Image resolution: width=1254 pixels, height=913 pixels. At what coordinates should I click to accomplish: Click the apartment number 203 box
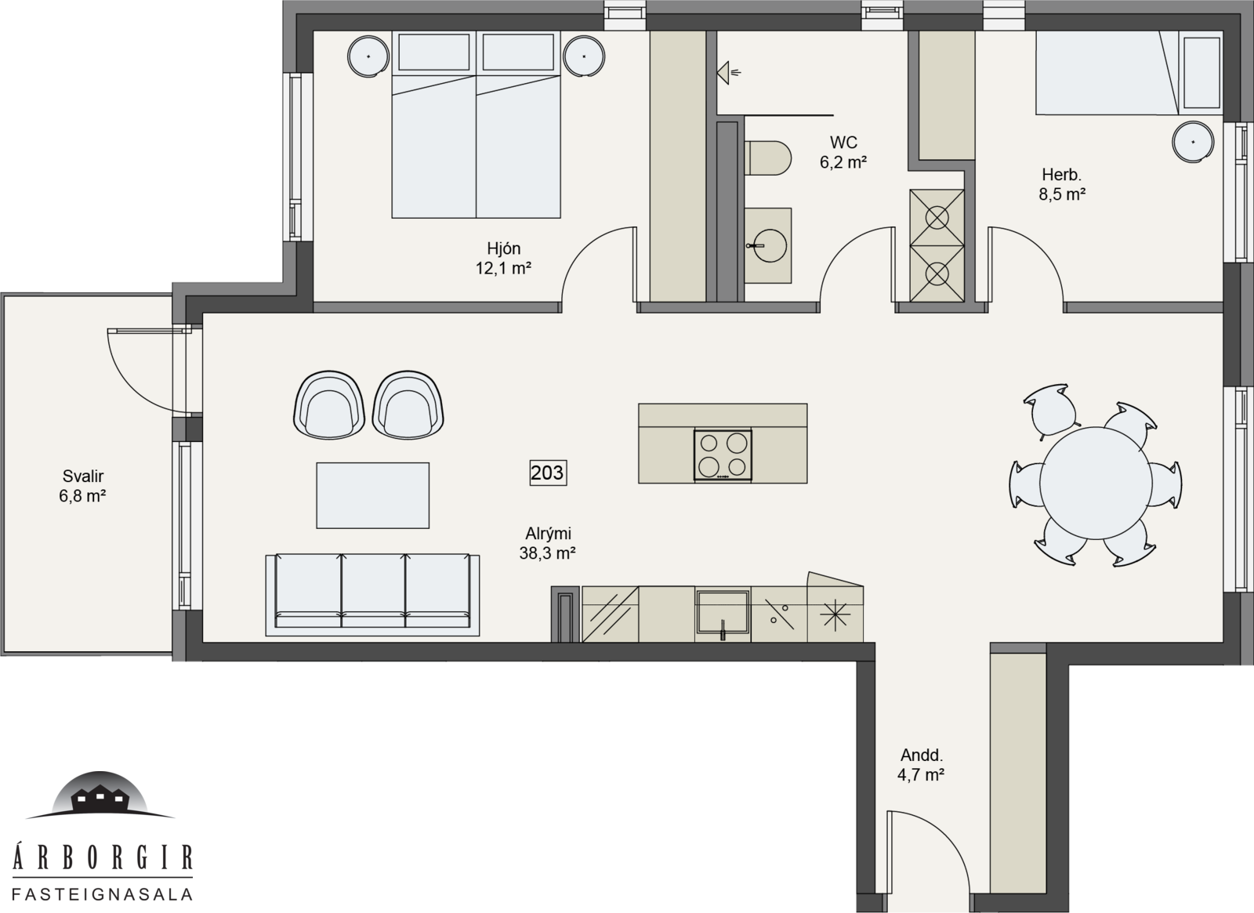(x=548, y=473)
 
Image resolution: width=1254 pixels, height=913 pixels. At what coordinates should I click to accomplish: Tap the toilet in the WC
(x=767, y=158)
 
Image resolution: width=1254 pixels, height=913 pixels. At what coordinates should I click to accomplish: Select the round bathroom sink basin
(x=770, y=245)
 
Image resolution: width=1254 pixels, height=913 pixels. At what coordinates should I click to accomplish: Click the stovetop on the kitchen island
(x=723, y=455)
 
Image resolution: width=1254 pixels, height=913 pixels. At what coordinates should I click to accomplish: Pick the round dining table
(x=1096, y=483)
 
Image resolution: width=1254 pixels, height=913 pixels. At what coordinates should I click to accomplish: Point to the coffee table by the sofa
(x=373, y=495)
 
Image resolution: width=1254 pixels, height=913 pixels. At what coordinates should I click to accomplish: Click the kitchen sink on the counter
(x=723, y=612)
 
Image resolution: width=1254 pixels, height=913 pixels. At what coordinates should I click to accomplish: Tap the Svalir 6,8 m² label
(x=83, y=486)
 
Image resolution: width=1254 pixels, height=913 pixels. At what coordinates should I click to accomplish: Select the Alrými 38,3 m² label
(x=548, y=543)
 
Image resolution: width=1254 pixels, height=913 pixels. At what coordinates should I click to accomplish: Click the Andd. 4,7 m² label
(x=921, y=765)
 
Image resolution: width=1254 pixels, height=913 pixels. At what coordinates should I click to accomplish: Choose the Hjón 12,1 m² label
(x=503, y=258)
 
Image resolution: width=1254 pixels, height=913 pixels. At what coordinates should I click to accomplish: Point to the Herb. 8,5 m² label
(x=1062, y=184)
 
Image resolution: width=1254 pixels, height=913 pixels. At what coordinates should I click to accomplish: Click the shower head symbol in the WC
(x=728, y=72)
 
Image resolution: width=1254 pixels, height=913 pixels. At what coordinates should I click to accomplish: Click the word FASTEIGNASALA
(x=103, y=894)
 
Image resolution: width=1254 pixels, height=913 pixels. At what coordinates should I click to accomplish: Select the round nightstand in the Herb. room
(x=1194, y=142)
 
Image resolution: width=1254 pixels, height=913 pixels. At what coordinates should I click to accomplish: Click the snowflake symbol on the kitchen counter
(x=835, y=614)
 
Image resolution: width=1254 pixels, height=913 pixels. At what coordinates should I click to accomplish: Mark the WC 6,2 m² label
(x=843, y=152)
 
